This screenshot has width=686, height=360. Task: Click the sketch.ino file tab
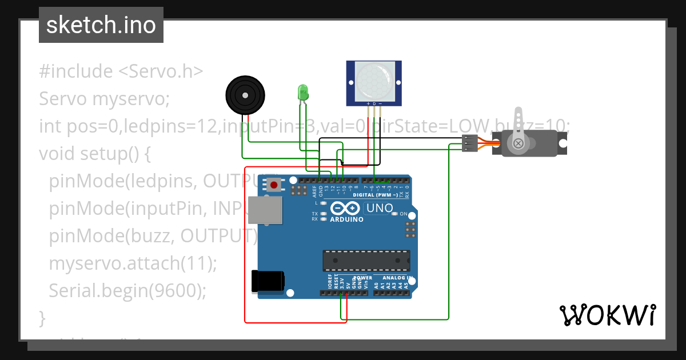click(101, 25)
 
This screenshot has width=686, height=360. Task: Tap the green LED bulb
click(302, 92)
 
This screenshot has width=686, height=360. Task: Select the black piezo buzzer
click(245, 95)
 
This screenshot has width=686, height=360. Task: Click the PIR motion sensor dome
click(374, 80)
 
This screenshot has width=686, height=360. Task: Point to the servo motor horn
click(519, 131)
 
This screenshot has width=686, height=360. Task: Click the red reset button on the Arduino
click(274, 185)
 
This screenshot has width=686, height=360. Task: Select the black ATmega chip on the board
click(366, 260)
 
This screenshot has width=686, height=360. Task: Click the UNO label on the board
click(379, 209)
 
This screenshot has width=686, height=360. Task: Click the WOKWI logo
click(607, 315)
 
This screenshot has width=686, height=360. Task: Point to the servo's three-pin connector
click(470, 143)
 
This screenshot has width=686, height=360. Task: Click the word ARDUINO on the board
click(346, 219)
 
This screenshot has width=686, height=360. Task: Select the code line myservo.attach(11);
click(133, 263)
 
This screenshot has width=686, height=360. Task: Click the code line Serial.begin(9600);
click(127, 290)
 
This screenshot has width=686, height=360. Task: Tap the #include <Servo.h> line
click(121, 71)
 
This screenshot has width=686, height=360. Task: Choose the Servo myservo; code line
click(105, 99)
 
